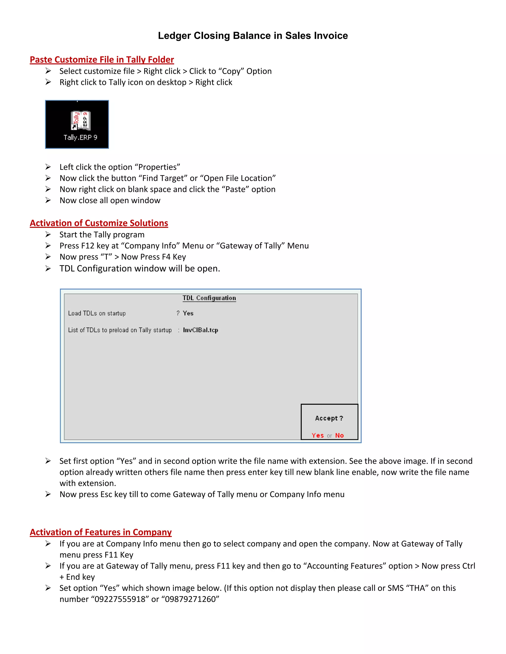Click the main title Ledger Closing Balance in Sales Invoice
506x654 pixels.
coord(253,36)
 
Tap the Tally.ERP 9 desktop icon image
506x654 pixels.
coord(77,124)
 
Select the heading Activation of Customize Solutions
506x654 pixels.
coord(99,223)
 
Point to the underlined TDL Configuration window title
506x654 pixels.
coord(209,298)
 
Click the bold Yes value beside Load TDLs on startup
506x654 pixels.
coord(188,313)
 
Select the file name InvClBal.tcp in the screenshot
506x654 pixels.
coord(201,330)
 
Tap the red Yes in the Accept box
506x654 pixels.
coord(318,435)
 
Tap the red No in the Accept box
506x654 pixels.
coord(339,435)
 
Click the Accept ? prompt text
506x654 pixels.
coord(329,418)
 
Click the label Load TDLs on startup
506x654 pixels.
coord(97,313)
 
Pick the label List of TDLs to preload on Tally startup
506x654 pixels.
coord(120,330)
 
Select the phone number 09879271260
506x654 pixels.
coord(192,599)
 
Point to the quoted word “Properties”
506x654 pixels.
coord(159,167)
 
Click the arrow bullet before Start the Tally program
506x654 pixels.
coord(48,234)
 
